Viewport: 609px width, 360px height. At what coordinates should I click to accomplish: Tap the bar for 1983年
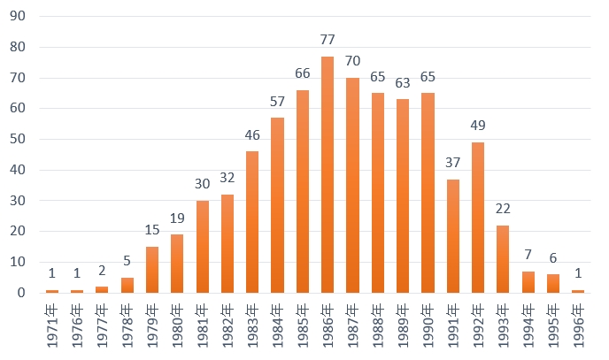252,222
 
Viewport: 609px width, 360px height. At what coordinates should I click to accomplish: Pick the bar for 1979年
152,269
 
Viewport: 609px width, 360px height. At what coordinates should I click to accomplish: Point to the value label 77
328,40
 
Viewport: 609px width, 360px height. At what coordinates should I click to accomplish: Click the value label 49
478,125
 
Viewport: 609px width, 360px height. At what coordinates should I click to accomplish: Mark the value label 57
277,101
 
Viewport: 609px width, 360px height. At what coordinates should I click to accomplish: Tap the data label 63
403,83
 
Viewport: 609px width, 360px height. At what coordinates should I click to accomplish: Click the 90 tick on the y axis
17,17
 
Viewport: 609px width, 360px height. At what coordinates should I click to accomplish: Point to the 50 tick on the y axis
17,140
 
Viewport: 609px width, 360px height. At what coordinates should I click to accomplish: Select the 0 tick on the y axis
20,293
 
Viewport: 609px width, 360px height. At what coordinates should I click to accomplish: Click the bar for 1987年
352,185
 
